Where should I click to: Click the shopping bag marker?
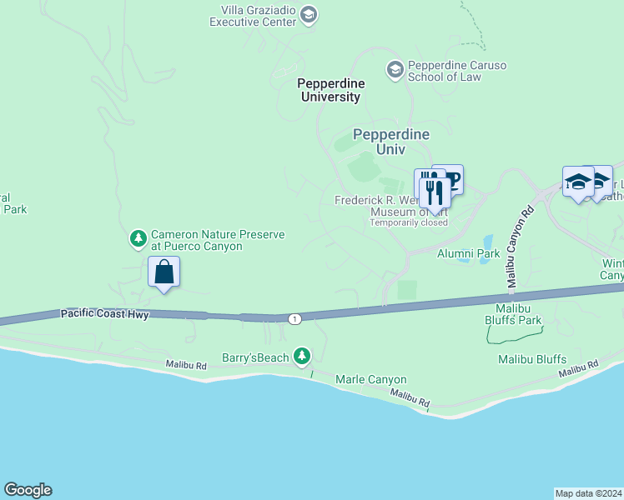click(164, 272)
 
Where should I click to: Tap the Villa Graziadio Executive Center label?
click(258, 16)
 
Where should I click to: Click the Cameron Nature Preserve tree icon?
click(138, 240)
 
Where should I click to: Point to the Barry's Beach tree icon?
click(302, 357)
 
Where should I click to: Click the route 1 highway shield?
click(294, 318)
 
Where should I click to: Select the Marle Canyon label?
click(370, 379)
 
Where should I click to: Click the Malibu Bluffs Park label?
click(513, 319)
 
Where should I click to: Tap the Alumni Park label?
click(468, 253)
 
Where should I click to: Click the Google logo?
click(28, 490)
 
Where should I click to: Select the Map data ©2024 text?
click(588, 492)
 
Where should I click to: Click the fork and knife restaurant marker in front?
click(435, 192)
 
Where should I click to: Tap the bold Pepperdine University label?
click(329, 90)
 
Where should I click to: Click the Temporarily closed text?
click(409, 222)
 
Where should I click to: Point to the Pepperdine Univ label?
click(391, 142)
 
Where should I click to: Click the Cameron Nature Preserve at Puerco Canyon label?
click(217, 241)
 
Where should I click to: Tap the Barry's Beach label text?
click(255, 357)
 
